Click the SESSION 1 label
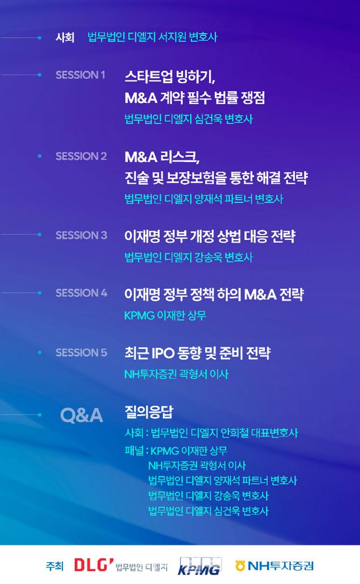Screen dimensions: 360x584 pyautogui.click(x=80, y=75)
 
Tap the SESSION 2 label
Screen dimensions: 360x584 pyautogui.click(x=81, y=156)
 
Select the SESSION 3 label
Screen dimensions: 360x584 pyautogui.click(x=81, y=235)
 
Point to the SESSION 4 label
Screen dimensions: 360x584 pyautogui.click(x=81, y=293)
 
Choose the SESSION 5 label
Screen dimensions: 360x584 pyautogui.click(x=81, y=352)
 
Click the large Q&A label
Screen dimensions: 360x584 pyautogui.click(x=81, y=415)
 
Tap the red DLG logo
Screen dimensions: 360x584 pyautogui.click(x=93, y=565)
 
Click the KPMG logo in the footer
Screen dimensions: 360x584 pyautogui.click(x=199, y=566)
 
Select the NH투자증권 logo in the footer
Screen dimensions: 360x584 pyautogui.click(x=274, y=566)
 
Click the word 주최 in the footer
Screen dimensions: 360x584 pyautogui.click(x=55, y=566)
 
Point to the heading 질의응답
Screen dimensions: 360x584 pyautogui.click(x=148, y=411)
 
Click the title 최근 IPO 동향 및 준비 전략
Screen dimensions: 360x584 pyautogui.click(x=197, y=353)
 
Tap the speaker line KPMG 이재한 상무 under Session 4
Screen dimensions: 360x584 pyautogui.click(x=165, y=315)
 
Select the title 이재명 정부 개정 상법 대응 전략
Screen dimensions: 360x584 pyautogui.click(x=210, y=236)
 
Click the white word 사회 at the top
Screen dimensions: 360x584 pyautogui.click(x=65, y=37)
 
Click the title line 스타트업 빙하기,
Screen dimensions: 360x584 pyautogui.click(x=170, y=77)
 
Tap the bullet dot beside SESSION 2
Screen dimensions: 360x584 pyautogui.click(x=39, y=156)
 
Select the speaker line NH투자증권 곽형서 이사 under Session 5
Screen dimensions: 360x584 pyautogui.click(x=176, y=374)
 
